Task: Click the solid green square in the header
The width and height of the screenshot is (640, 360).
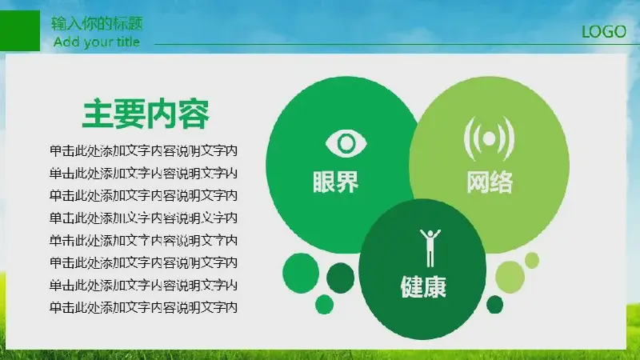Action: [19, 30]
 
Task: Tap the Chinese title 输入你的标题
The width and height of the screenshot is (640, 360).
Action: [97, 23]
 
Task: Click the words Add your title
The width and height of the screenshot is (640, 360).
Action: [97, 42]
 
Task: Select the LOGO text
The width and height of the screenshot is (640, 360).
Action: [604, 32]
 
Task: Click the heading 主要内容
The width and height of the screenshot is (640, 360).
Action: [146, 114]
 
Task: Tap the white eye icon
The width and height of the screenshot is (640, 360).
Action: [346, 143]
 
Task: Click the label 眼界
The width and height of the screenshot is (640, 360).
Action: [335, 182]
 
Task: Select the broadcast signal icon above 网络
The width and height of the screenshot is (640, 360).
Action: [489, 138]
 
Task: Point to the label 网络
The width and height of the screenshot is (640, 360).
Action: [490, 182]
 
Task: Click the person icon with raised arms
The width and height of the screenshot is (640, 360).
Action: [430, 248]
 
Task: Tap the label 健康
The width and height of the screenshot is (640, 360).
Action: [423, 286]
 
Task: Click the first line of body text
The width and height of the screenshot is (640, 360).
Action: [143, 151]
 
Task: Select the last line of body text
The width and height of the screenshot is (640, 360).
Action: [143, 307]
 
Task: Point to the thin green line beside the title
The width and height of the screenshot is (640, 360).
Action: [397, 44]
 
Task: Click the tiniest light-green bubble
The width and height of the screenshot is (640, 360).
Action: [532, 261]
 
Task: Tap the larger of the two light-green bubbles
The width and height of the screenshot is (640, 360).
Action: [510, 278]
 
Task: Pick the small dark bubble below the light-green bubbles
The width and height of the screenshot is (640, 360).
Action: [494, 305]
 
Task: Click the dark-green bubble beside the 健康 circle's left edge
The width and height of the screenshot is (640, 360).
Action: [341, 278]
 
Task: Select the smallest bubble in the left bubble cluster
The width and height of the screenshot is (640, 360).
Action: [325, 305]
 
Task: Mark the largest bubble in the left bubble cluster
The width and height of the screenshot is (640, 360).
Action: [301, 273]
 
